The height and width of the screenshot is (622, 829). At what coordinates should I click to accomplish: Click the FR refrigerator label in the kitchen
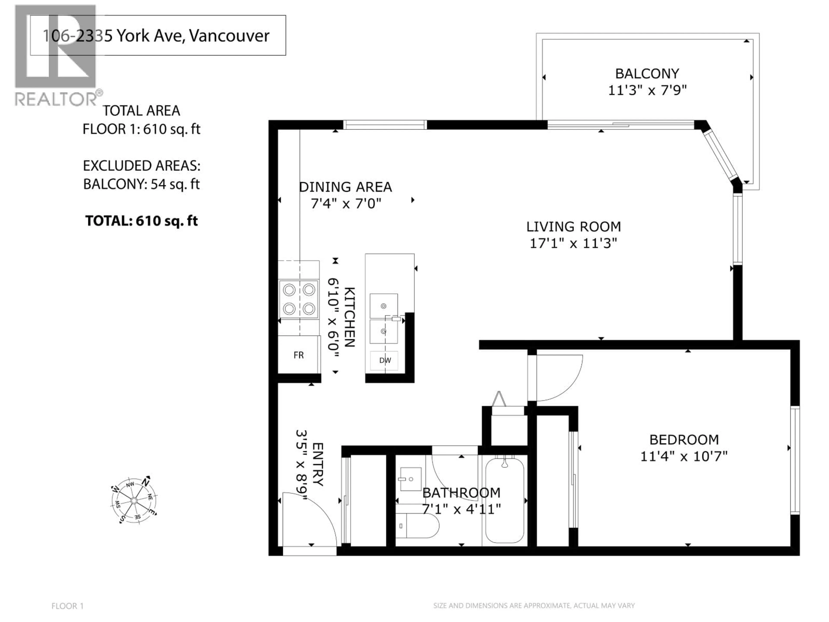tap(299, 355)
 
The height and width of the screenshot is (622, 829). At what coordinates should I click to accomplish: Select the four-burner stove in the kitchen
tap(299, 299)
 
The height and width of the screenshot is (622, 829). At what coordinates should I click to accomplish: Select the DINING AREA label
tap(345, 187)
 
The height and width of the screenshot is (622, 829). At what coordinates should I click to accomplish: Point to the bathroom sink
tap(411, 479)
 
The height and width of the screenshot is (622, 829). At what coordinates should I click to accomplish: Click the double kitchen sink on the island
tap(384, 319)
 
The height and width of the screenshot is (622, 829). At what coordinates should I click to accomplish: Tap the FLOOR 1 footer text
tap(67, 606)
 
